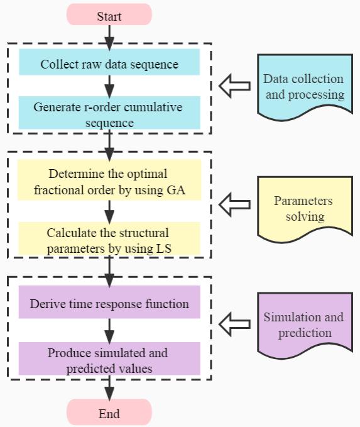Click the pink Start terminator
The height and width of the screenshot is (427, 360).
(109, 14)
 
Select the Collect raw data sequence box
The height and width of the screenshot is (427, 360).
(109, 62)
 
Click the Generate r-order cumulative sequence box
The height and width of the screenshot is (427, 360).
(109, 113)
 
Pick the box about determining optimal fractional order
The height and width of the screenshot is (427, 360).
(109, 180)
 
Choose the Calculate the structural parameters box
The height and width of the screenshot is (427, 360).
(109, 238)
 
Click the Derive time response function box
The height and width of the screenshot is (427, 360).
(109, 302)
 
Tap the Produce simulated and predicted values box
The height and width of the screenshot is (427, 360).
(109, 358)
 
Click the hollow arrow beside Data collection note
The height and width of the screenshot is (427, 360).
(235, 86)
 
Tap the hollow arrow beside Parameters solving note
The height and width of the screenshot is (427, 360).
(235, 204)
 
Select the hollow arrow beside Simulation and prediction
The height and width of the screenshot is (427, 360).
(235, 324)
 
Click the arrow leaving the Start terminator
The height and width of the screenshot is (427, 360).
(109, 38)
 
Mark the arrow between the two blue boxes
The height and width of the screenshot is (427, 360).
(109, 86)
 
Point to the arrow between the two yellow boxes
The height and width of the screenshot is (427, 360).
(109, 212)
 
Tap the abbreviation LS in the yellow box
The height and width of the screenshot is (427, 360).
(163, 248)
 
